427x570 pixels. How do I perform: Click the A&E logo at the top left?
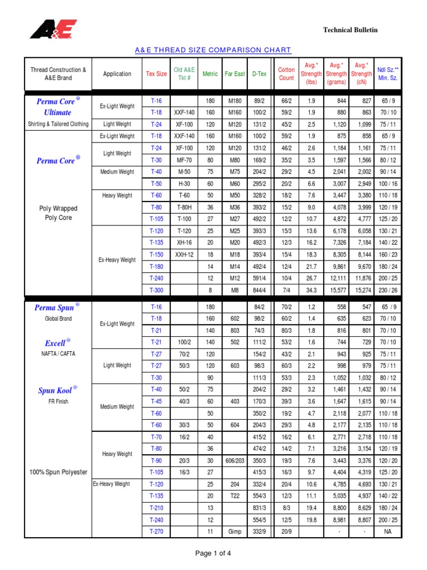coord(53,29)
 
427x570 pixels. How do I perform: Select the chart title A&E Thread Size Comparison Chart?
coord(213,50)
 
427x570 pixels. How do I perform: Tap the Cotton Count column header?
coord(286,74)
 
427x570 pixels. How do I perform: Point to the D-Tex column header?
coord(259,74)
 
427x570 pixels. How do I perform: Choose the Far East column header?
coord(234,74)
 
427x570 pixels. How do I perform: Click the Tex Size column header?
coord(156,74)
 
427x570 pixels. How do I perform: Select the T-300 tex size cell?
coord(156,290)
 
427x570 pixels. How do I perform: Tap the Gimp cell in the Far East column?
coord(235,532)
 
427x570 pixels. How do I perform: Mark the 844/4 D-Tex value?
coord(259,290)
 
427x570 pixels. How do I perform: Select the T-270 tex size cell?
coord(156,532)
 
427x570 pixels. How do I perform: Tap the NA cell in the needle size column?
coord(388,532)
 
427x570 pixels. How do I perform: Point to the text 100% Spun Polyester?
coord(58,472)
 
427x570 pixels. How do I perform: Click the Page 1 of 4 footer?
coord(213,553)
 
